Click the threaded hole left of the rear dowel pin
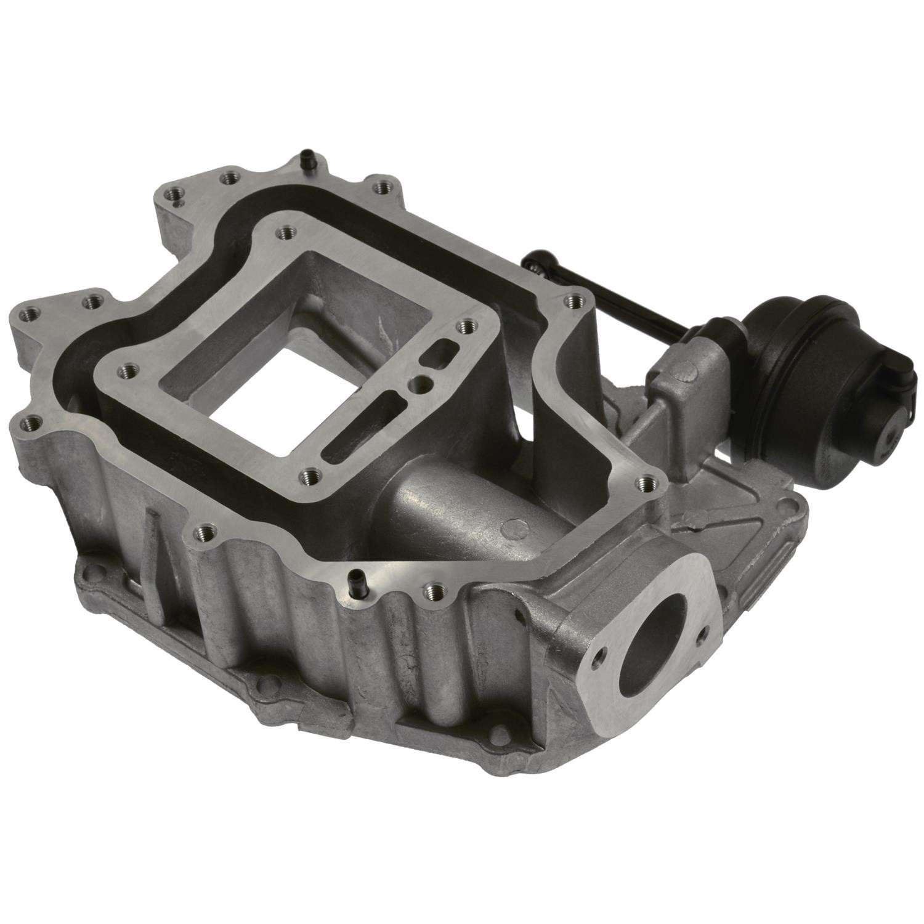[230, 177]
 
